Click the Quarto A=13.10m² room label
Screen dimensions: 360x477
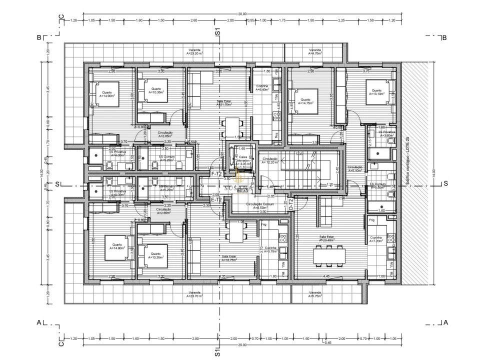[x=376, y=92]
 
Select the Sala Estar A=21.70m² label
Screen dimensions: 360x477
[x=224, y=102]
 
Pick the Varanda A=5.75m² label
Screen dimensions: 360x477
[x=315, y=294]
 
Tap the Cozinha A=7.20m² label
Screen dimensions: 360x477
[x=376, y=240]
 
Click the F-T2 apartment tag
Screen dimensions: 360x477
[x=216, y=173]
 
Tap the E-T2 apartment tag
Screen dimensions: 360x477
[x=216, y=199]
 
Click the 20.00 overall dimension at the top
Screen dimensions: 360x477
[x=242, y=14]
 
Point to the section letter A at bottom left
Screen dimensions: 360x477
[x=38, y=322]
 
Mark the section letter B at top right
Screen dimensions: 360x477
[x=444, y=37]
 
